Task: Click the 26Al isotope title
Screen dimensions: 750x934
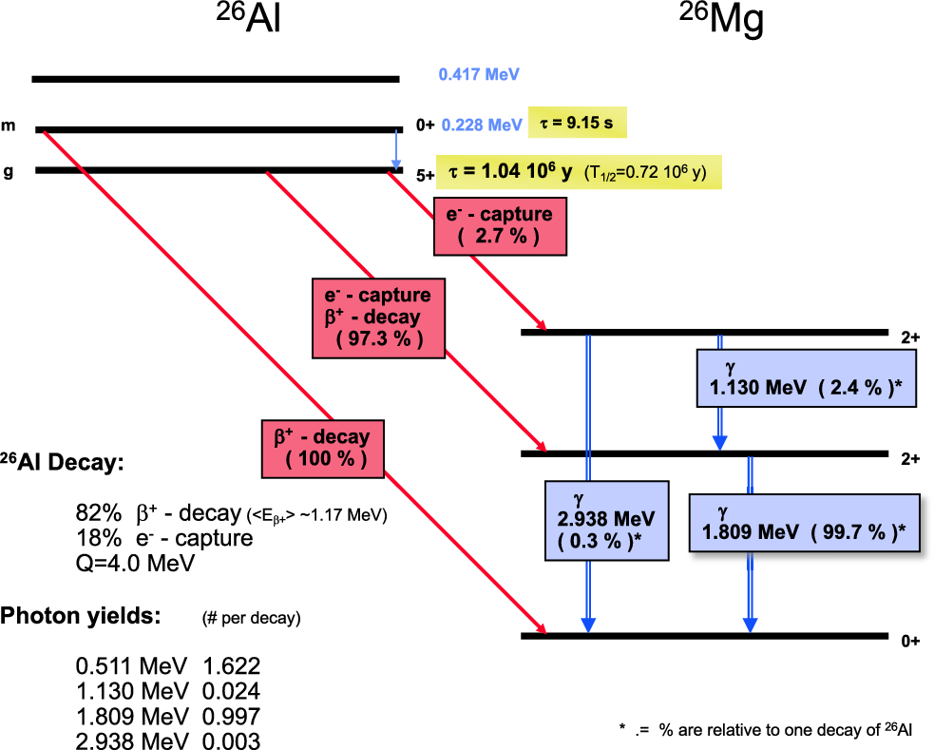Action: pos(248,22)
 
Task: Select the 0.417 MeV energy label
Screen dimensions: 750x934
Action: pos(479,73)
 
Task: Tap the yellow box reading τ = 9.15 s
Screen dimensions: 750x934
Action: pos(578,123)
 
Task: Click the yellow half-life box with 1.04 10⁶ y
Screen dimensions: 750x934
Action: pos(579,172)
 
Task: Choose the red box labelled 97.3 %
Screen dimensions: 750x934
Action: pos(378,317)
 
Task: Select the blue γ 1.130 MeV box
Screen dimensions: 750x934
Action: pos(807,378)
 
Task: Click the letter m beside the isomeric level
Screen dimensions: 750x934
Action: pos(9,126)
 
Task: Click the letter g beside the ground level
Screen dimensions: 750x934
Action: pos(9,171)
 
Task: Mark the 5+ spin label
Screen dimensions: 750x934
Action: pos(425,176)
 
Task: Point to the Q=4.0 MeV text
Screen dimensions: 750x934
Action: pos(135,562)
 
